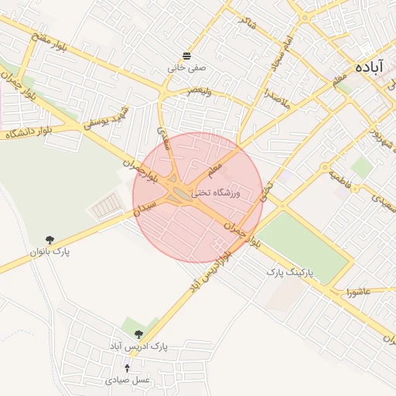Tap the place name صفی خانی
tap(187, 67)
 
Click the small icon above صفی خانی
tap(187, 54)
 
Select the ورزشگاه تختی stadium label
tap(215, 191)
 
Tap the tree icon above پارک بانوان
tap(50, 240)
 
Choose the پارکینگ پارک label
tap(292, 272)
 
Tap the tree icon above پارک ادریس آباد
tap(138, 334)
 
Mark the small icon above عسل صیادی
tap(128, 368)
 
